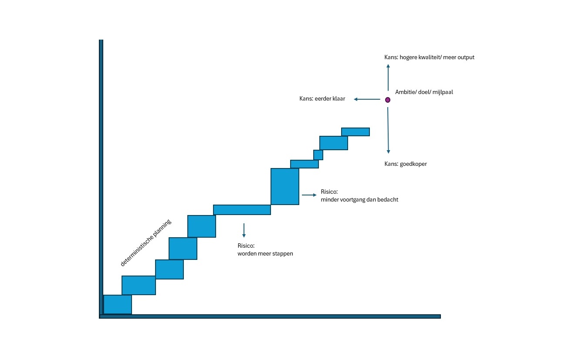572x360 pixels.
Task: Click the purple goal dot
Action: (x=388, y=100)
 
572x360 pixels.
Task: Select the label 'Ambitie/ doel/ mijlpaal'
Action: (x=424, y=92)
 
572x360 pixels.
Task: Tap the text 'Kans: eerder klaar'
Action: (x=322, y=99)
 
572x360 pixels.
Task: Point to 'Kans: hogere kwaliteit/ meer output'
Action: (x=429, y=57)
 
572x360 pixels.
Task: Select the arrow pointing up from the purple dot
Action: (x=388, y=77)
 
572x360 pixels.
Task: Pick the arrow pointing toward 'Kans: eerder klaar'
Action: (x=367, y=99)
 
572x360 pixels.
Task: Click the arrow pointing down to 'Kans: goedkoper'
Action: (x=388, y=131)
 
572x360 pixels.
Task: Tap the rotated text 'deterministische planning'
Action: (x=146, y=243)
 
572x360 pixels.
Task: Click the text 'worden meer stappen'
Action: (x=265, y=254)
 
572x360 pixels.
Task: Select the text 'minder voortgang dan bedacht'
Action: (x=359, y=200)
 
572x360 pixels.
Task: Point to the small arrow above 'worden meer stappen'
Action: (x=244, y=230)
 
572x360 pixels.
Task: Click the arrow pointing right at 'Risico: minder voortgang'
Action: (x=309, y=195)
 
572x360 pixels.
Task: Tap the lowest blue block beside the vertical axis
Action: (x=118, y=304)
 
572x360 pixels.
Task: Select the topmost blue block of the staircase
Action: (x=355, y=132)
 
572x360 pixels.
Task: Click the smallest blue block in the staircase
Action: (x=318, y=155)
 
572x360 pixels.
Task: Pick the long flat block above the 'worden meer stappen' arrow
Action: (x=242, y=210)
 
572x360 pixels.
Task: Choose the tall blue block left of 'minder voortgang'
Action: (x=285, y=186)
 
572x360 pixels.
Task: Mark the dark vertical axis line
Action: (x=101, y=174)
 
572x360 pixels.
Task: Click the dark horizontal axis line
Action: (x=270, y=316)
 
